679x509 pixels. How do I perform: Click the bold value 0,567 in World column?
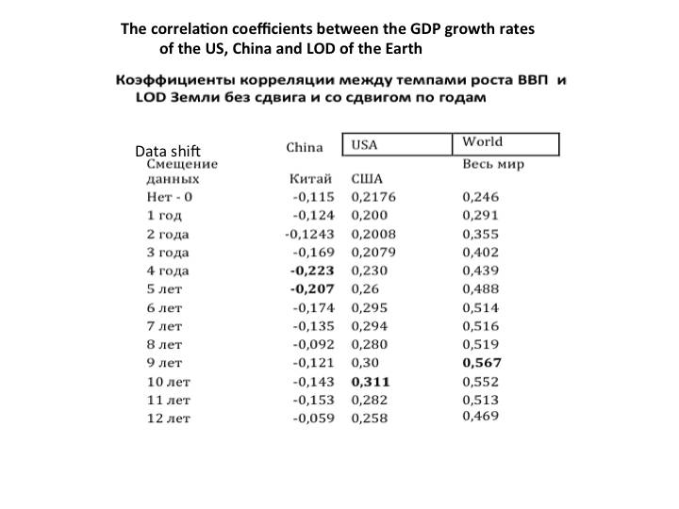tap(482, 363)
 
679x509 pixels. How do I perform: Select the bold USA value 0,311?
tap(370, 382)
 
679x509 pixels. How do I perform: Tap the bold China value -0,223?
tap(313, 271)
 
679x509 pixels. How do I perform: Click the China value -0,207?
tap(313, 289)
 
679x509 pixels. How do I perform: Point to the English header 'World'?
tap(482, 142)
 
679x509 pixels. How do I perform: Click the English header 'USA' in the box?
tap(365, 145)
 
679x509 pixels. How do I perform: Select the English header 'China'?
tap(305, 147)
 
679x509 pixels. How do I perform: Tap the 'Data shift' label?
tap(168, 151)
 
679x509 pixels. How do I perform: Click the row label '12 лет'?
tap(168, 419)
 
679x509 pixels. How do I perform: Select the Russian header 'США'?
tap(367, 179)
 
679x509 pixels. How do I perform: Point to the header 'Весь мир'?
tap(493, 163)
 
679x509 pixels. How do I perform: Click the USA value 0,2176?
tap(373, 197)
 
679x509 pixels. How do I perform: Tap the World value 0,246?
tap(480, 197)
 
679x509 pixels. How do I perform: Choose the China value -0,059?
tap(315, 419)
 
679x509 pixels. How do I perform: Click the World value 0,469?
tap(480, 416)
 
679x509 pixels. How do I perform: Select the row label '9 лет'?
tap(164, 363)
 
